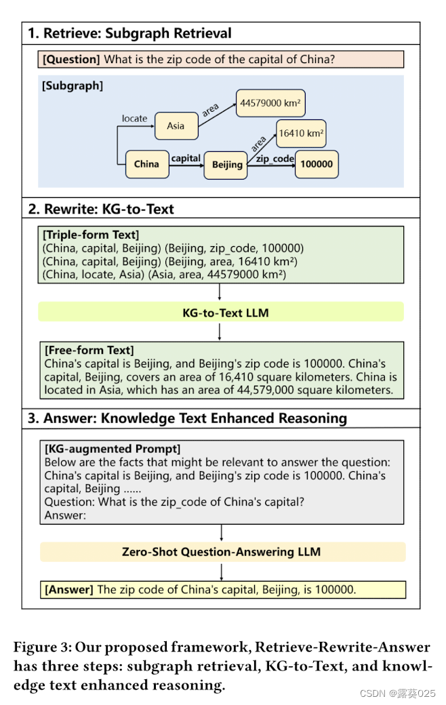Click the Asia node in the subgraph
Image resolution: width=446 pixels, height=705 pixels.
(x=176, y=125)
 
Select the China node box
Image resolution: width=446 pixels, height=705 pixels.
(x=146, y=164)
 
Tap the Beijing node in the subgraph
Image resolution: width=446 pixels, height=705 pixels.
(x=226, y=165)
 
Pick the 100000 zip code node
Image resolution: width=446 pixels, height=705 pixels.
(x=317, y=164)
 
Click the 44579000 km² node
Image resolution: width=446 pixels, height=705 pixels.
(x=270, y=104)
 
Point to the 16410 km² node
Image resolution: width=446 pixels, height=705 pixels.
(x=300, y=134)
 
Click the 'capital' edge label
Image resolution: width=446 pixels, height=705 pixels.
(x=186, y=158)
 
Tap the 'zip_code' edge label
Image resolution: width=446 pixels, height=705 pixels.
(x=275, y=158)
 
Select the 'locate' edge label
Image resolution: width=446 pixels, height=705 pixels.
(x=134, y=119)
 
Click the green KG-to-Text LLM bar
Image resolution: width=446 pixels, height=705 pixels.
(x=220, y=313)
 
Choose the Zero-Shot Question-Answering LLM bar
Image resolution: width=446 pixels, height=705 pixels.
(x=222, y=552)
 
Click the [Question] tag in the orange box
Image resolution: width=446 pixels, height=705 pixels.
(x=72, y=60)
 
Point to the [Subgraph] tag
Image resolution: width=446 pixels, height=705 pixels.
(x=73, y=86)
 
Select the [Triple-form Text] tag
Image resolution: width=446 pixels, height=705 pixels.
(x=91, y=235)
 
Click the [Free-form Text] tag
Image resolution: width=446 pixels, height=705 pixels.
(x=89, y=350)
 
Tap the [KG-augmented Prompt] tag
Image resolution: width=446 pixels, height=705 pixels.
(x=113, y=449)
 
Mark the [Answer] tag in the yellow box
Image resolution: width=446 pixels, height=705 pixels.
(x=69, y=589)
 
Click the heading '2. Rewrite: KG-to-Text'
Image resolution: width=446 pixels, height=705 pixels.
(x=101, y=209)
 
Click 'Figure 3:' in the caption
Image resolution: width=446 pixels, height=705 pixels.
(x=41, y=647)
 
